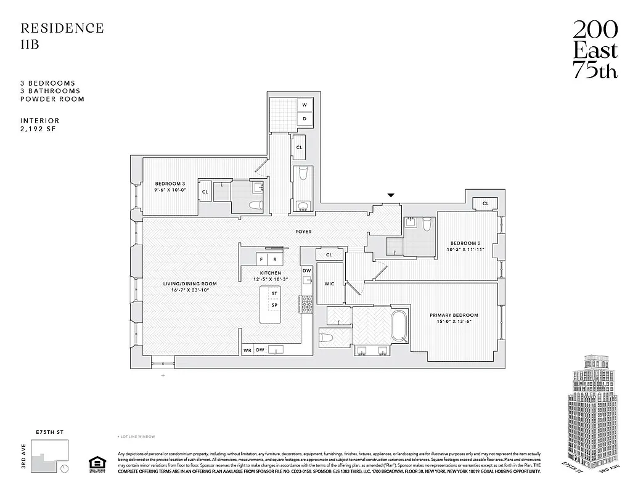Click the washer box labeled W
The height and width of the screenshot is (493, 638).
coord(305,105)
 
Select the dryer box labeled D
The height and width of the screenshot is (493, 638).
coord(305,118)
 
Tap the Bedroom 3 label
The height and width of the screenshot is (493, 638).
coord(170,184)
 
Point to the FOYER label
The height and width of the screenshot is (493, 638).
coord(303,232)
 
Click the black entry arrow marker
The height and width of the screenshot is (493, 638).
coord(390,196)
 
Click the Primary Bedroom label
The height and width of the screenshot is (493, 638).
coord(454,315)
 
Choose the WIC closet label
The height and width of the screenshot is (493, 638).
coord(329,283)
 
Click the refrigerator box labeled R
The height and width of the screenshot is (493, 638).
coord(275,259)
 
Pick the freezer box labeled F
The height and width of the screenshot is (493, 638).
coord(262,259)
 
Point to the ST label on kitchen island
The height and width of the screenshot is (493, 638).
coord(274,294)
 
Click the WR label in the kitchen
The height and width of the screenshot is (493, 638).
coord(247,349)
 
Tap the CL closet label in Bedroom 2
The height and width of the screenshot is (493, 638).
coord(485,203)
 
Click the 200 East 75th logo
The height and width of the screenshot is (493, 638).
coord(595,49)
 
